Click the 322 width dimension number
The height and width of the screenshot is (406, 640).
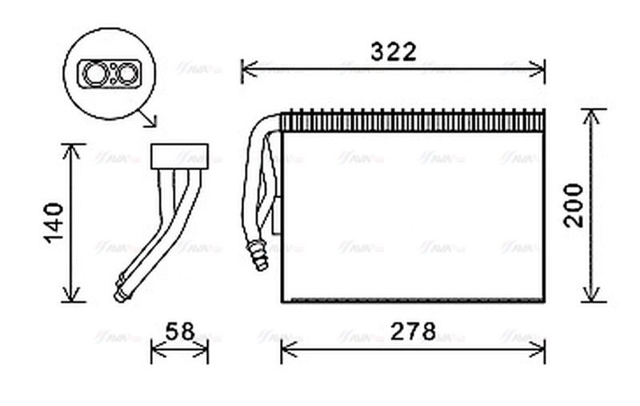[x=393, y=53]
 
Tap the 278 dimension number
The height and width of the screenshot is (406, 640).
[x=413, y=332]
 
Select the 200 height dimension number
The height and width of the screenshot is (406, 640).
[x=574, y=205]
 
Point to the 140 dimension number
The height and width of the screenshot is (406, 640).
[x=51, y=223]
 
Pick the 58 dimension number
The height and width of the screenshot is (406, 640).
[x=180, y=332]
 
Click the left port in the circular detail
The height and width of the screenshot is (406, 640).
[x=96, y=75]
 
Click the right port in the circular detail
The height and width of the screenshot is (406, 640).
[x=126, y=75]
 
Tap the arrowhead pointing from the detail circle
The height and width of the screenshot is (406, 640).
[x=150, y=121]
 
